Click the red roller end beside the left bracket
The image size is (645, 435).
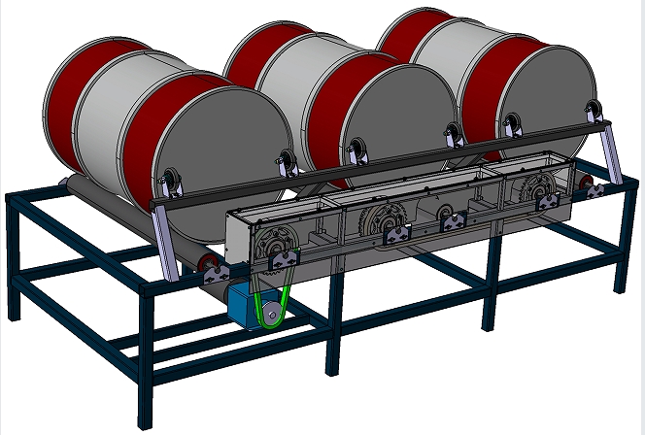(205, 263)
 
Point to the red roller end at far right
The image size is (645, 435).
(586, 185)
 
